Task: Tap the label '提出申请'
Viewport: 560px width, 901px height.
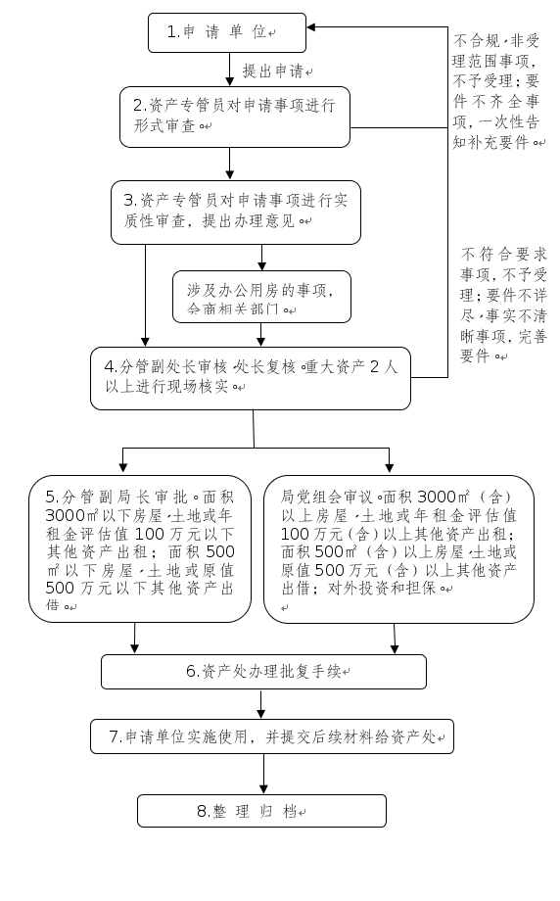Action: tap(278, 71)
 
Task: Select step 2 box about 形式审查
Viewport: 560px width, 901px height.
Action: tap(235, 116)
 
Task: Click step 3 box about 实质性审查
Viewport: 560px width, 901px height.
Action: tap(235, 211)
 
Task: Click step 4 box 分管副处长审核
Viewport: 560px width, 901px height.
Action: tap(251, 377)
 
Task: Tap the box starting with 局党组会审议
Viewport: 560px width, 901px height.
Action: tap(398, 548)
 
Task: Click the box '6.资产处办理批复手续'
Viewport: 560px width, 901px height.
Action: tap(264, 672)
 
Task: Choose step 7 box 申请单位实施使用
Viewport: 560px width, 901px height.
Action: tap(272, 735)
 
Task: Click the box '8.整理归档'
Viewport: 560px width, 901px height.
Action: tap(261, 811)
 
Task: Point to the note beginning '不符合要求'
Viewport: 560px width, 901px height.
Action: tap(499, 304)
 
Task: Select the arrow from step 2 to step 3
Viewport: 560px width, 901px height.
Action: tap(231, 163)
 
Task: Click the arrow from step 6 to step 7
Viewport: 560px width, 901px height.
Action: tap(261, 704)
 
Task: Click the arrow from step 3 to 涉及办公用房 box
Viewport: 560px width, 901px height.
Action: tap(261, 256)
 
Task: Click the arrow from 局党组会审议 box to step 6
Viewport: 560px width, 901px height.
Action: tap(395, 639)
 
